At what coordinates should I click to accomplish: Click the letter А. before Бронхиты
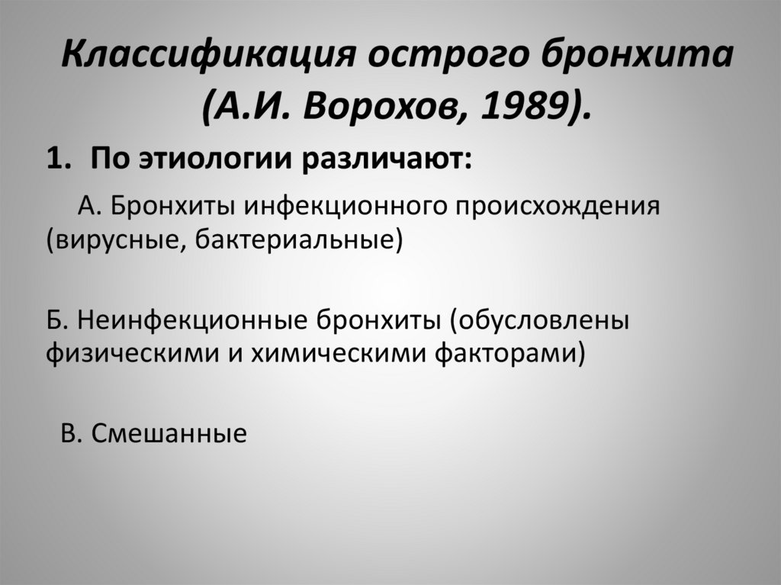90,206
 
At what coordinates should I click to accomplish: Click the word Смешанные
169,433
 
